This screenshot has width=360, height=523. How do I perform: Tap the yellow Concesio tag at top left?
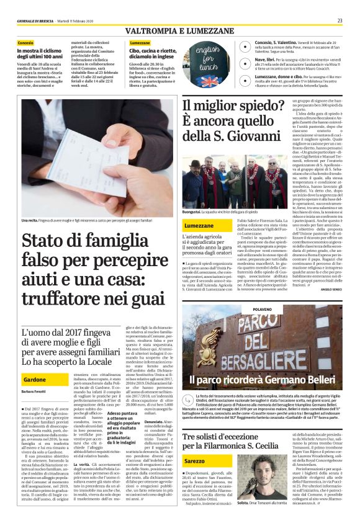click(26, 43)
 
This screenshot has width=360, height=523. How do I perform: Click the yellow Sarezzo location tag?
click(194, 462)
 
